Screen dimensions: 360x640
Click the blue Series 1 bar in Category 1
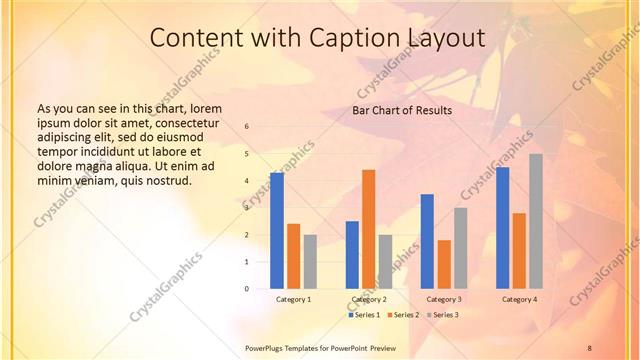(x=277, y=231)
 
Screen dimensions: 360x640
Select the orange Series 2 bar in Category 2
(x=369, y=229)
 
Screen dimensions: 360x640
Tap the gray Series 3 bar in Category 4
(x=536, y=221)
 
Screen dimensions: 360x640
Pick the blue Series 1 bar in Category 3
(x=427, y=241)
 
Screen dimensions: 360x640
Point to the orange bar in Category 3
(x=444, y=264)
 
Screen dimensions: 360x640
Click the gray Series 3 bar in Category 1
(x=310, y=262)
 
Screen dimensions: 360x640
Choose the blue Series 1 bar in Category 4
(x=503, y=228)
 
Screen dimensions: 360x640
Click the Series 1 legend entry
(x=366, y=315)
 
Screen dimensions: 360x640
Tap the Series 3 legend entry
(x=444, y=315)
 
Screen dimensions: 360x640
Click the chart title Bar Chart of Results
(x=402, y=110)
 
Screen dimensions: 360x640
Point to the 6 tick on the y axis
(x=247, y=127)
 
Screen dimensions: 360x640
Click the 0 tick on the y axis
(x=247, y=289)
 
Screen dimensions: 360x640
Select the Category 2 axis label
(x=369, y=299)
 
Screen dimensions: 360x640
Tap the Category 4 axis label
(x=519, y=299)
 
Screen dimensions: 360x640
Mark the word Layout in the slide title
(x=445, y=38)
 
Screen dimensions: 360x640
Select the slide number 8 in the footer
(x=590, y=347)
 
